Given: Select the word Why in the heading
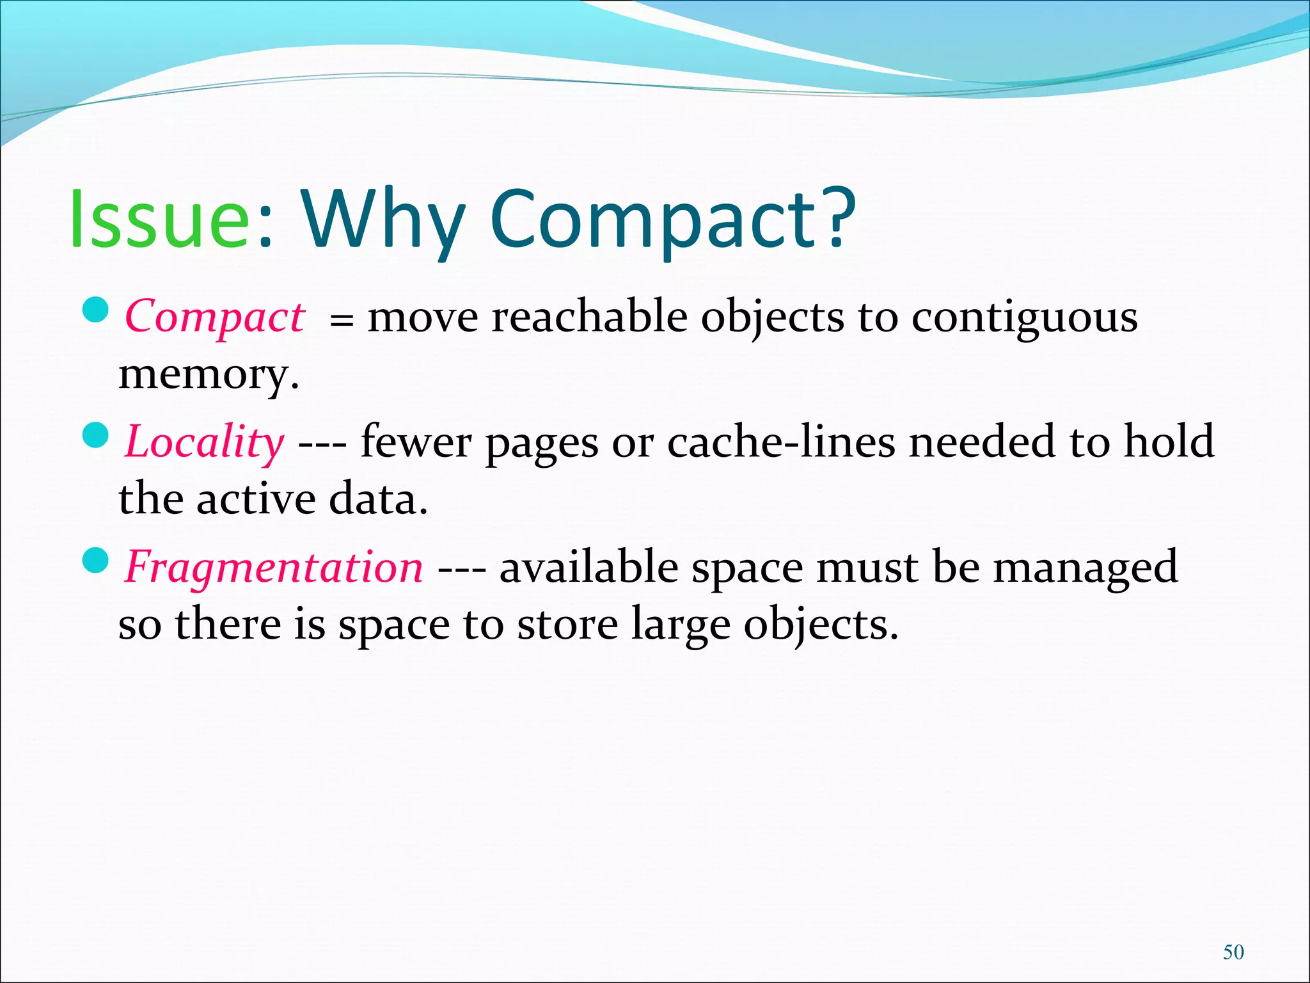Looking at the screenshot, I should pos(383,221).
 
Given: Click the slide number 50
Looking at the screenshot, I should pos(1233,952).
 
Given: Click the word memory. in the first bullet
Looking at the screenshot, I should pos(209,374).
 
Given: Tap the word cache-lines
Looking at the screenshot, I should pos(781,442).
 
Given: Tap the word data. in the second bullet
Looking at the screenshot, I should pos(378,499).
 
